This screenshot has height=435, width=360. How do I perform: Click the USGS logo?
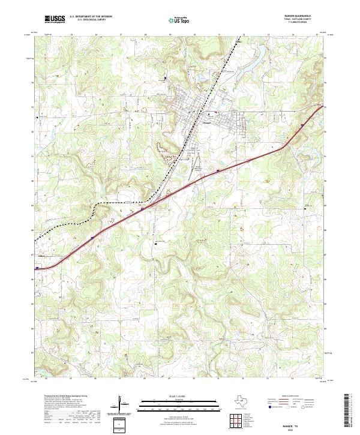point(55,20)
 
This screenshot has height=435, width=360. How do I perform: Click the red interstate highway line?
point(180,190)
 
